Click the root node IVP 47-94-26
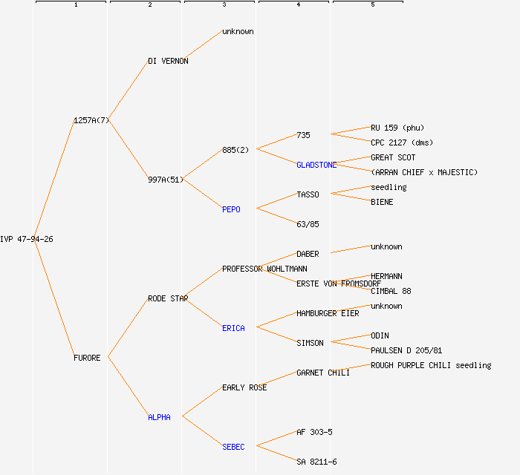click(27, 239)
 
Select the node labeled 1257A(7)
click(91, 120)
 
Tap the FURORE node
click(87, 358)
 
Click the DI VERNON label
click(168, 61)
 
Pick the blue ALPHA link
click(159, 417)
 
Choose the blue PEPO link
click(231, 209)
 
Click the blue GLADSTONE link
click(316, 165)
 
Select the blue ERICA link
click(233, 328)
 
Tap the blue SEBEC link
click(233, 447)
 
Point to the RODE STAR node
click(168, 298)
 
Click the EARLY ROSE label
click(244, 387)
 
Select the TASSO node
click(308, 194)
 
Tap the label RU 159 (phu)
click(397, 128)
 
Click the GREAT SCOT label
click(393, 157)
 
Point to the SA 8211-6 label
click(316, 462)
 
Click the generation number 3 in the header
click(224, 5)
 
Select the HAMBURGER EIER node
click(328, 313)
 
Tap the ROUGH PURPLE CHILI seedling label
click(431, 365)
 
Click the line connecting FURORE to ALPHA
click(128, 387)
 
